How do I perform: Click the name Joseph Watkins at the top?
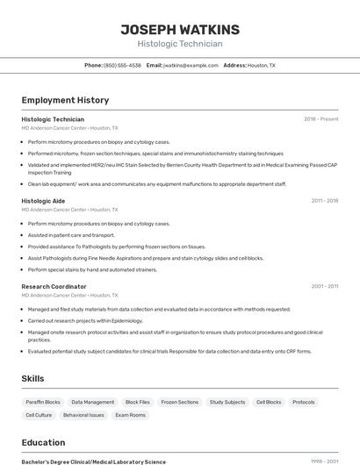(180, 29)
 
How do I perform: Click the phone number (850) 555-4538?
(122, 65)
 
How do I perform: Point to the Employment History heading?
(65, 100)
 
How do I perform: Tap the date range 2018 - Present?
(320, 119)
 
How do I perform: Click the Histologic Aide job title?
(43, 201)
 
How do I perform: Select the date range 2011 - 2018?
(324, 201)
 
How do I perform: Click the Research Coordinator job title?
(54, 287)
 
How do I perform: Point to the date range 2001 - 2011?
(324, 287)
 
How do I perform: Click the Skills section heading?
(33, 378)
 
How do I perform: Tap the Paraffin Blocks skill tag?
(43, 402)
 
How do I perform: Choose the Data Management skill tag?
(93, 402)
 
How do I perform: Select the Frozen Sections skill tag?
(180, 402)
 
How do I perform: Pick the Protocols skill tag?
(304, 402)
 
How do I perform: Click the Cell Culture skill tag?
(39, 415)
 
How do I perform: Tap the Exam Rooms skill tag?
(131, 415)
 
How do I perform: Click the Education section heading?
(43, 442)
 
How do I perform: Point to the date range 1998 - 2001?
(324, 461)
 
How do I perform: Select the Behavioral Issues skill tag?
(83, 415)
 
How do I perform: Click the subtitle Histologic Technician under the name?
(180, 44)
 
